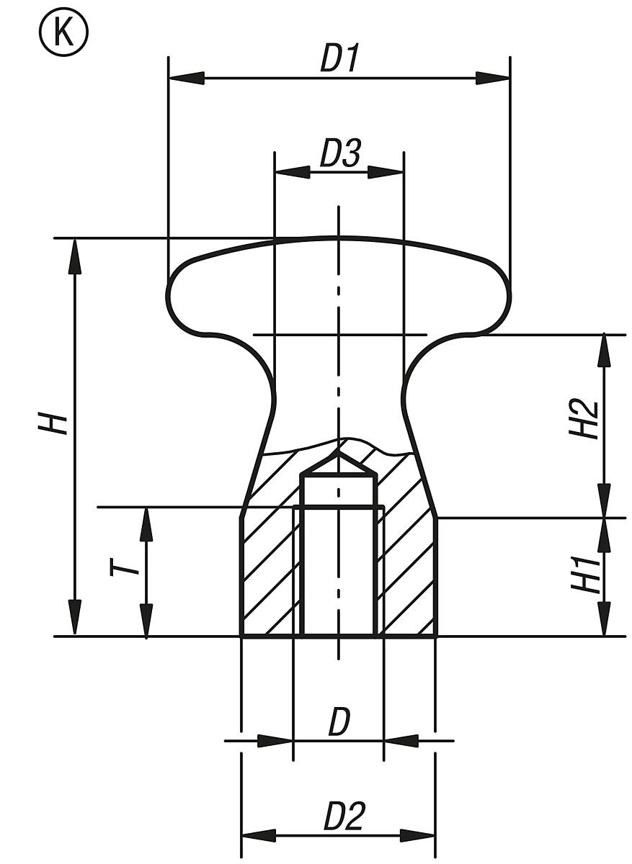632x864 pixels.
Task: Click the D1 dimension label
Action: [x=339, y=59]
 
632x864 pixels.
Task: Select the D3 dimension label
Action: [x=339, y=155]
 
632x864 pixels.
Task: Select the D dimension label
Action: [x=339, y=722]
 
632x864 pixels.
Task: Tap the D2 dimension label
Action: [x=344, y=817]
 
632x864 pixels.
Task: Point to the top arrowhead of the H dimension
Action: [x=74, y=256]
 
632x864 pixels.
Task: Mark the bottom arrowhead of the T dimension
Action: [x=146, y=621]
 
